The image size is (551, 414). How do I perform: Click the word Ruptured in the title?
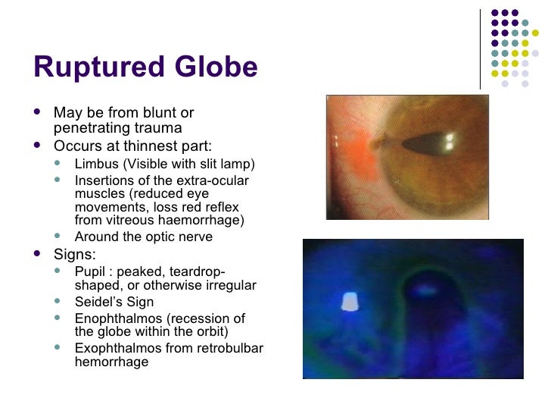pos(95,68)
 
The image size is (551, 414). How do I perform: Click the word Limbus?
pos(95,164)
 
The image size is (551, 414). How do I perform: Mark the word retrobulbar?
pos(227,348)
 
